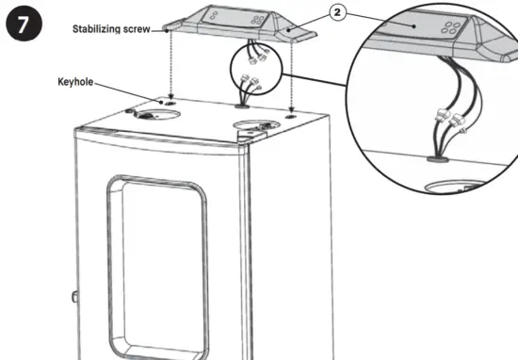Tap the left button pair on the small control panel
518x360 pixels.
[218, 14]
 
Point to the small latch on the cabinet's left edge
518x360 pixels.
[73, 299]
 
